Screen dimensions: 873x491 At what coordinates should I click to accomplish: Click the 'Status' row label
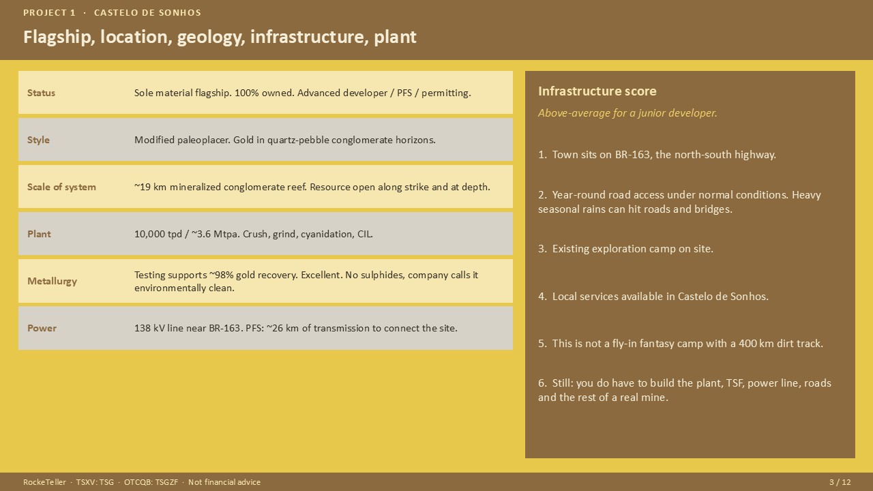tap(41, 93)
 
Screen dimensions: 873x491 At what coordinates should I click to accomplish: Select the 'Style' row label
tap(38, 140)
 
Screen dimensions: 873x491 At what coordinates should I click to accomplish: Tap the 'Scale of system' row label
tap(61, 187)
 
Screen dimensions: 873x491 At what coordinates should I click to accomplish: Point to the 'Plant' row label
tap(39, 234)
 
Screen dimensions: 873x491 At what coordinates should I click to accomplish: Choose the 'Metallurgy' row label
tap(52, 281)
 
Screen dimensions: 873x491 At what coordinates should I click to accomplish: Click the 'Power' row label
tap(42, 328)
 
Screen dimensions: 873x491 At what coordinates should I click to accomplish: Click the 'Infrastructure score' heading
tap(597, 91)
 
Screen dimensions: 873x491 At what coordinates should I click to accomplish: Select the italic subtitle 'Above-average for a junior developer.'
tap(627, 113)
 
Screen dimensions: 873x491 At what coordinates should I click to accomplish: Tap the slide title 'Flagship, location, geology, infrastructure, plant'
tap(220, 37)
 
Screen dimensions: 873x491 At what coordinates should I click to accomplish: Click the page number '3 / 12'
tap(840, 482)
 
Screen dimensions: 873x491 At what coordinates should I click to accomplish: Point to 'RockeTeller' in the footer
tap(44, 482)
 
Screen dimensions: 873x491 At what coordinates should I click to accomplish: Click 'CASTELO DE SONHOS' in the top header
tap(147, 13)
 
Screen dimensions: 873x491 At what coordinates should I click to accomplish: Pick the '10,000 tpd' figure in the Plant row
tap(158, 234)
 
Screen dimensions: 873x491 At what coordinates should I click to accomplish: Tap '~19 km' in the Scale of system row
tap(150, 187)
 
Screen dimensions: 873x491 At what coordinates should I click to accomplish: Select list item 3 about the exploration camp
tap(625, 249)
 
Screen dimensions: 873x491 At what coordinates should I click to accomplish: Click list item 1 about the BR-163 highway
tap(657, 155)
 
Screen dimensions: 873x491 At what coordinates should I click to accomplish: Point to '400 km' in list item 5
tap(756, 344)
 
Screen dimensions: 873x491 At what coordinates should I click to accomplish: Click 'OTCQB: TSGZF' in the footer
tap(151, 482)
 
